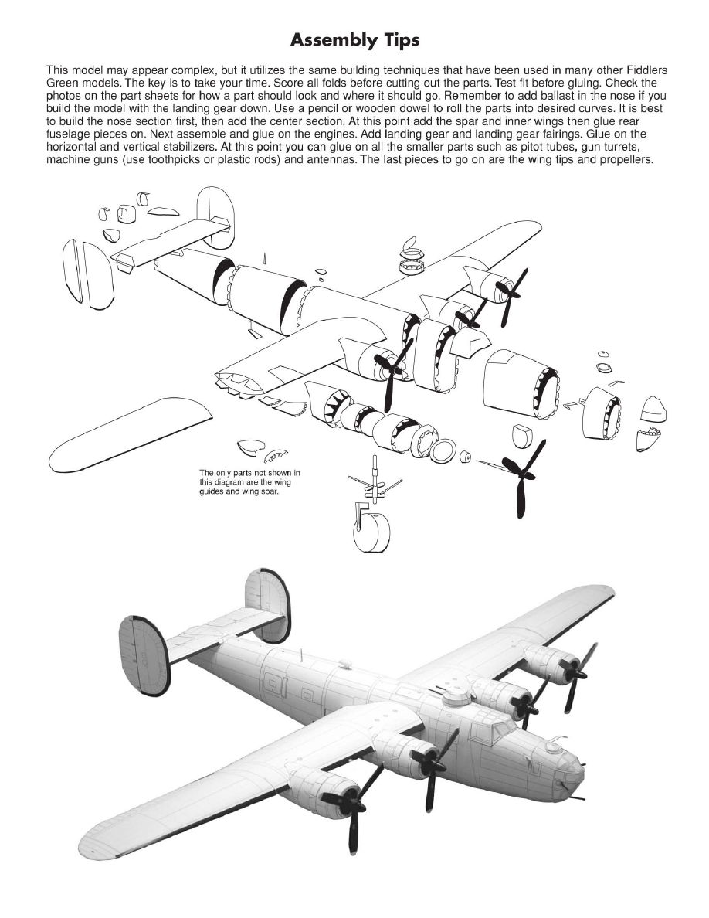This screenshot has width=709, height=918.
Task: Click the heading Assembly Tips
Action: point(354,39)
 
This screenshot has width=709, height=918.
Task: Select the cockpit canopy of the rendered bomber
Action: point(494,730)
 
